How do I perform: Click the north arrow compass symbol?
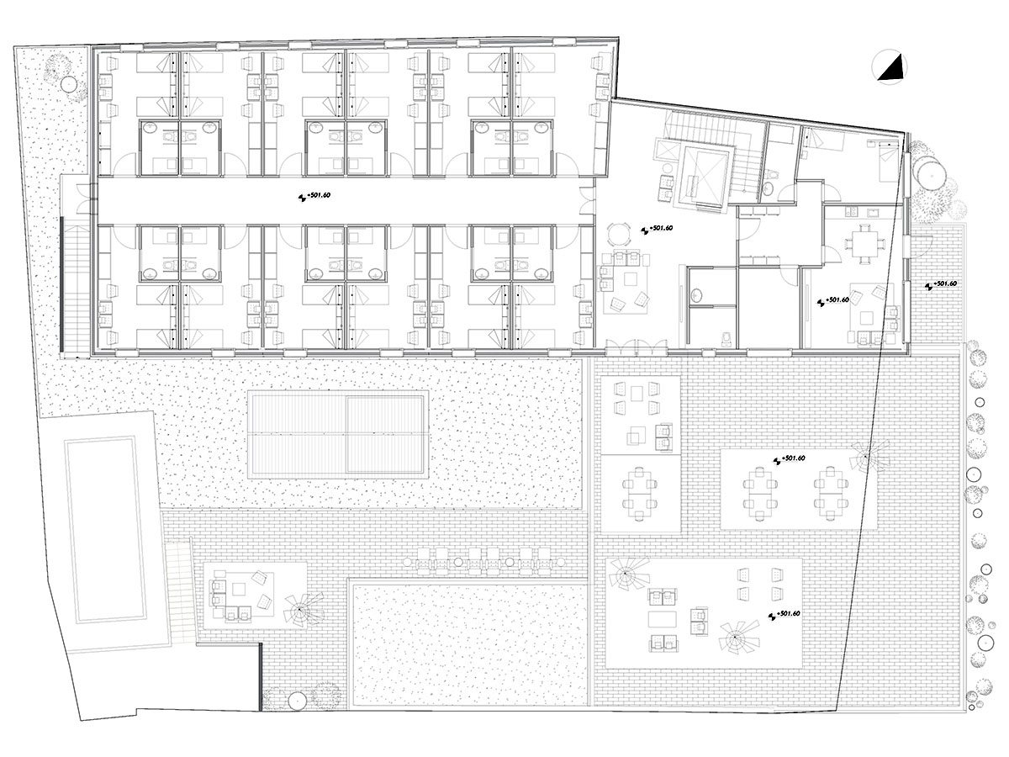pos(890,67)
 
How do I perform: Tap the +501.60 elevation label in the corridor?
pos(314,195)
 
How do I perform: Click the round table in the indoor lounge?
pos(618,235)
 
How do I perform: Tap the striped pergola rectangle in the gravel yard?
pos(338,433)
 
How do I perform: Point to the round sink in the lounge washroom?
pos(696,294)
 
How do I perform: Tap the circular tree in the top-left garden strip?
pos(70,85)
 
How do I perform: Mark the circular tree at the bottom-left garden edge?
pos(296,700)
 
